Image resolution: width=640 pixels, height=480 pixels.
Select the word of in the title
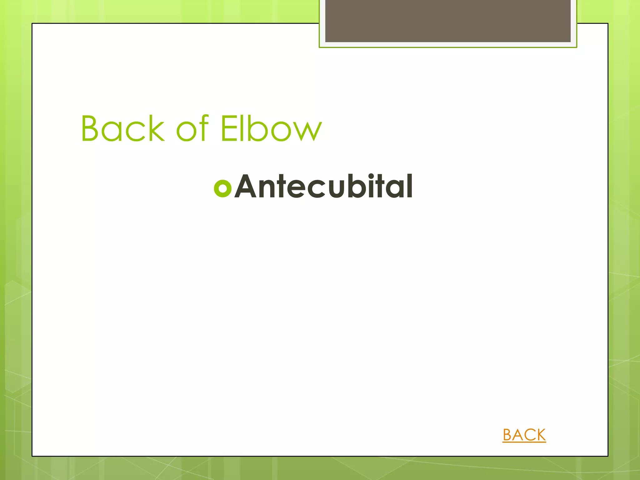[192, 128]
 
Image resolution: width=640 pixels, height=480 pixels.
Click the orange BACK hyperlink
[524, 435]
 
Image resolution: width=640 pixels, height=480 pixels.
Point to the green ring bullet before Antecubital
[223, 188]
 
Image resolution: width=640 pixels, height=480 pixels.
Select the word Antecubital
[324, 187]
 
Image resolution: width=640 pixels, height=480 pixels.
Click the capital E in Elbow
[229, 128]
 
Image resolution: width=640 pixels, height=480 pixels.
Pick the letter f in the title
[203, 127]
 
